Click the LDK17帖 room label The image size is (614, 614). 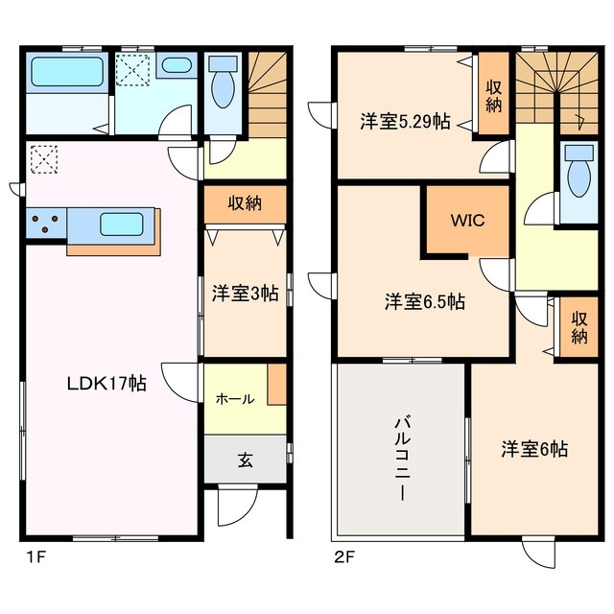tap(106, 384)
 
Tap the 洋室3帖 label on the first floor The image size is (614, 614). tap(245, 295)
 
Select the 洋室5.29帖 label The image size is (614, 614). tap(405, 122)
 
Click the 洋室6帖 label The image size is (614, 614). tap(533, 448)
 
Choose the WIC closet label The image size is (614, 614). tap(468, 220)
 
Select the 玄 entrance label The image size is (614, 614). tap(245, 460)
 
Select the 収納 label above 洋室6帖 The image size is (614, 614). tap(579, 327)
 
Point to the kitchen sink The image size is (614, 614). tap(122, 226)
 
